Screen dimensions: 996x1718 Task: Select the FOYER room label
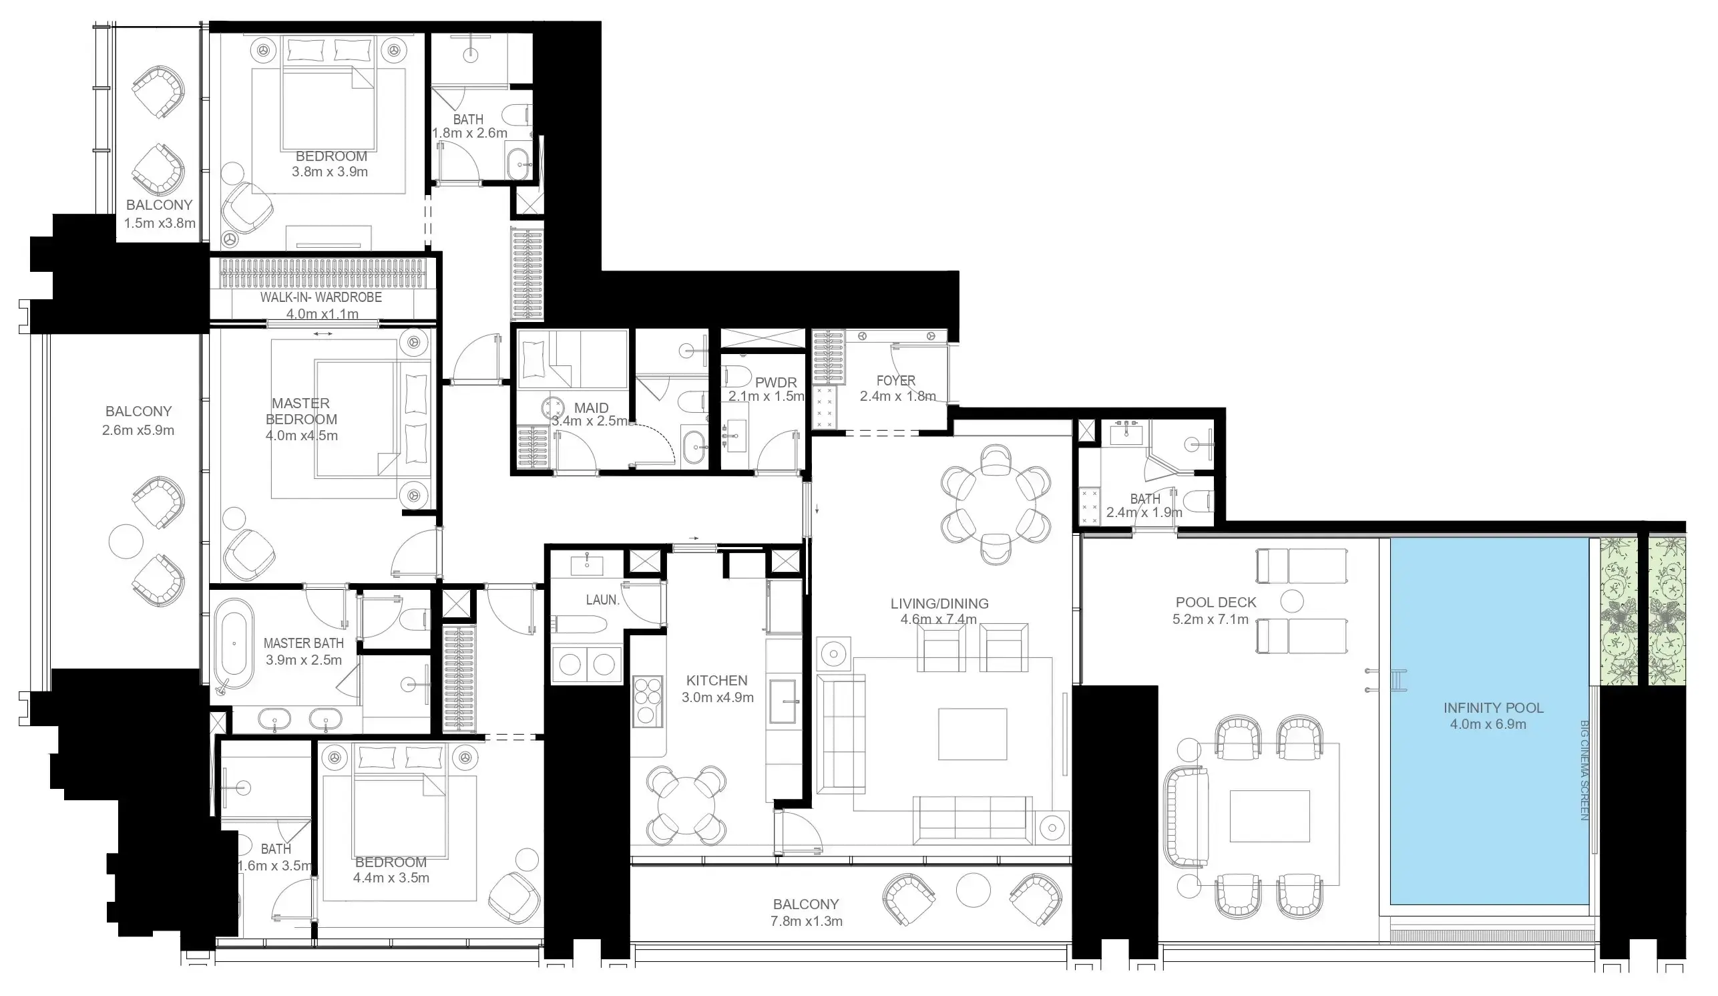click(x=896, y=380)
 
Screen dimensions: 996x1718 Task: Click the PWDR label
click(x=776, y=383)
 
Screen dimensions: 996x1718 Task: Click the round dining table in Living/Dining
click(x=996, y=505)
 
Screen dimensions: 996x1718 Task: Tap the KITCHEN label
click(x=716, y=680)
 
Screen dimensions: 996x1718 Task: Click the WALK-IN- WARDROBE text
click(x=320, y=297)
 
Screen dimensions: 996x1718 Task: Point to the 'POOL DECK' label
click(x=1215, y=603)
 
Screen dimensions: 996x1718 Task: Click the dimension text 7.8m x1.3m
click(x=807, y=922)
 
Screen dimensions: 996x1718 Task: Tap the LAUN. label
click(x=603, y=600)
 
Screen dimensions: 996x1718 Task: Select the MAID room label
click(x=590, y=408)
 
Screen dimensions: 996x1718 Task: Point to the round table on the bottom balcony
click(x=972, y=890)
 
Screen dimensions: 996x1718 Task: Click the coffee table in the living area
click(x=972, y=734)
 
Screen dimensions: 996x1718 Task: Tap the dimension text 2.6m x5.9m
click(x=138, y=430)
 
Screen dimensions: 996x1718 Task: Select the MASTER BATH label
click(x=303, y=643)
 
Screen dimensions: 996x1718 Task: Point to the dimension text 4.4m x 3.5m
click(x=391, y=878)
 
